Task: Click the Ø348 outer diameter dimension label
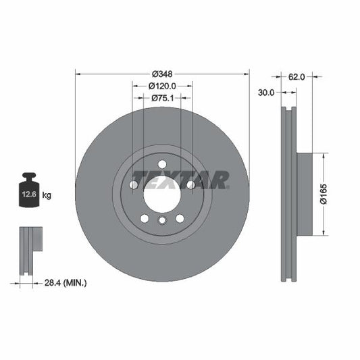[x=162, y=73]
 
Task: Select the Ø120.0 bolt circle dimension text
[x=162, y=86]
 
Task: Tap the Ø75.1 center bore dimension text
[x=162, y=99]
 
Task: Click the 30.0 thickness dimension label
[x=266, y=93]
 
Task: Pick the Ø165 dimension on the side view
[x=324, y=193]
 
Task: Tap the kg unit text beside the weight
[x=47, y=195]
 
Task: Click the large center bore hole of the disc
[x=162, y=195]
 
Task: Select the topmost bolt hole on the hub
[x=162, y=164]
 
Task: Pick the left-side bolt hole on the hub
[x=134, y=184]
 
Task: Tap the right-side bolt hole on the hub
[x=190, y=184]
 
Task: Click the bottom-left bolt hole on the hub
[x=145, y=217]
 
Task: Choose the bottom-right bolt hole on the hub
[x=180, y=217]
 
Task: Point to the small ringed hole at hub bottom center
[x=162, y=221]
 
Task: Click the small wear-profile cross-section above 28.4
[x=28, y=250]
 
